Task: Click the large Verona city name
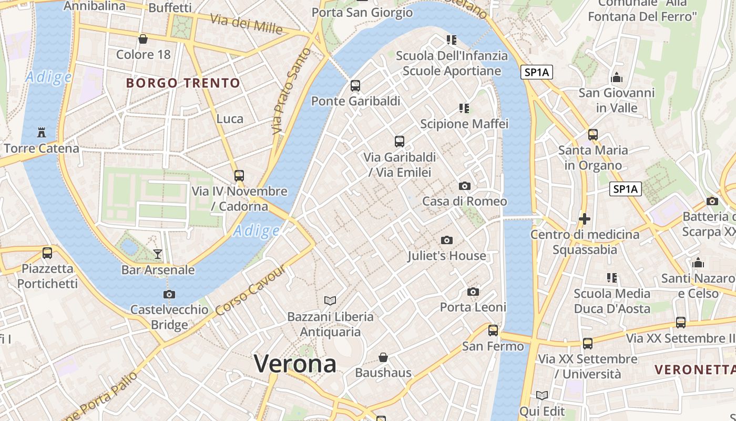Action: [x=295, y=364]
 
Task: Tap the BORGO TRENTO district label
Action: [x=183, y=83]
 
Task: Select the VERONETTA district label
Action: [x=694, y=369]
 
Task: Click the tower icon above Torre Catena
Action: [x=41, y=132]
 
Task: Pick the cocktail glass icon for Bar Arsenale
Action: [x=158, y=254]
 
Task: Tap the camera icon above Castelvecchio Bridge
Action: [x=169, y=294]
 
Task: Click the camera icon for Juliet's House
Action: [x=446, y=240]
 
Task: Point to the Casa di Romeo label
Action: [x=465, y=201]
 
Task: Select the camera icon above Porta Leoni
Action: [x=473, y=292]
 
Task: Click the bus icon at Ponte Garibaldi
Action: [x=355, y=85]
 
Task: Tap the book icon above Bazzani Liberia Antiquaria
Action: [x=330, y=300]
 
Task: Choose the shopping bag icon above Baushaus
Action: [x=383, y=357]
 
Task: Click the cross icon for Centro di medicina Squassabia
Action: [x=584, y=218]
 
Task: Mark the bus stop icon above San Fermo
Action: [x=493, y=330]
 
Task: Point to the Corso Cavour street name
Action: [x=251, y=290]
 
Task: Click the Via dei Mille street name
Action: [x=246, y=24]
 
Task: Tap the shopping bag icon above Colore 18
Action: [x=142, y=38]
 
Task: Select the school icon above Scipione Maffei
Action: [x=464, y=108]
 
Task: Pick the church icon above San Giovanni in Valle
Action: [x=617, y=78]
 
